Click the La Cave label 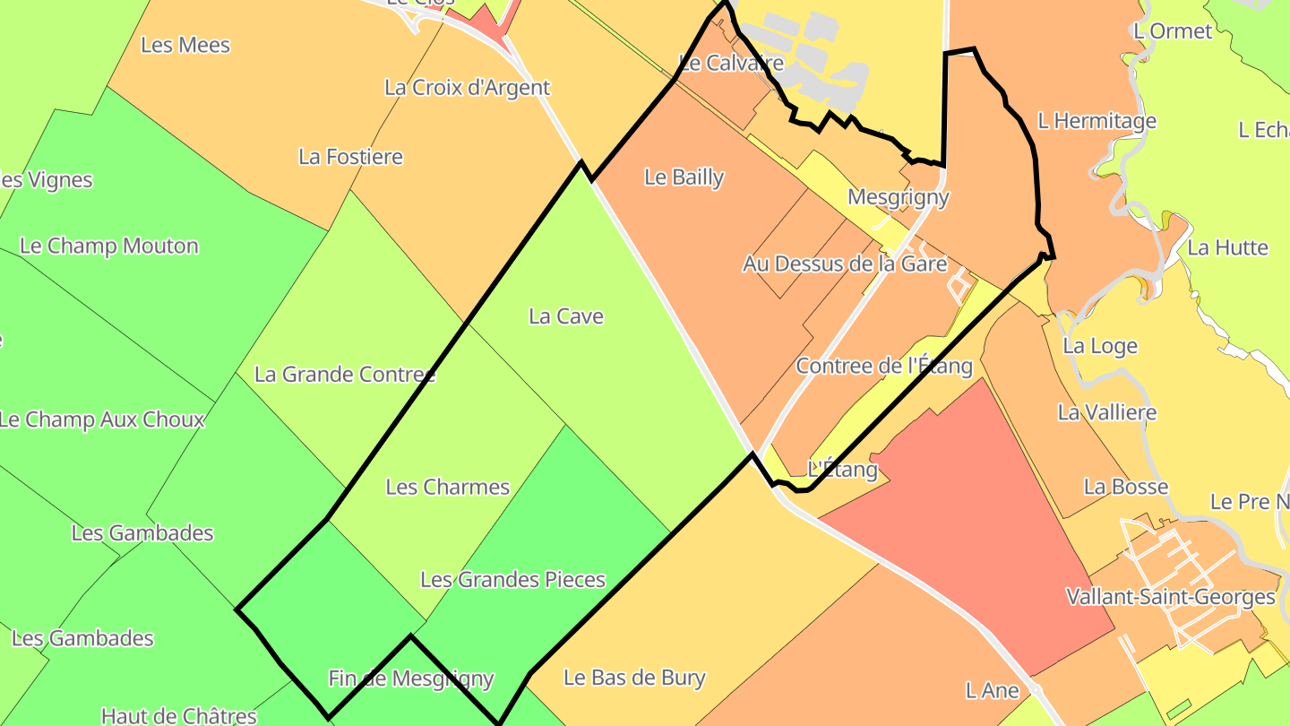coord(566,316)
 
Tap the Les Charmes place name coord(448,488)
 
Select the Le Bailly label coord(684,177)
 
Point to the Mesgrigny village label coord(898,197)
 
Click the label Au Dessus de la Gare coord(845,264)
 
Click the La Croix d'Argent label coord(467,88)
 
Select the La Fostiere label coord(351,157)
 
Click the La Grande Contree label coord(345,375)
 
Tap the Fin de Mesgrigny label coord(411,679)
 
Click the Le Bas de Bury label coord(634,678)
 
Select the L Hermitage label coord(1097,121)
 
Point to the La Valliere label coord(1107,413)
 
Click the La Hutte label coord(1228,248)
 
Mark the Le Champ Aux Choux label coord(102,419)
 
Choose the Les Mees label coord(186,46)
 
